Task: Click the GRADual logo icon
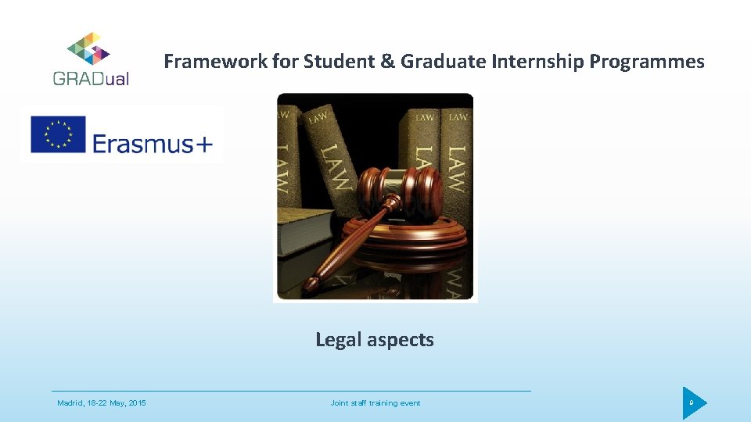click(88, 48)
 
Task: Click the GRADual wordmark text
click(92, 78)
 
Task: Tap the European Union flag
click(57, 134)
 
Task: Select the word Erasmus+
click(153, 144)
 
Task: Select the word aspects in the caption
click(404, 340)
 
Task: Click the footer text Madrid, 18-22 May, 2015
click(102, 403)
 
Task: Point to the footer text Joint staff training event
click(375, 403)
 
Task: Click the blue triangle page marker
click(692, 403)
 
